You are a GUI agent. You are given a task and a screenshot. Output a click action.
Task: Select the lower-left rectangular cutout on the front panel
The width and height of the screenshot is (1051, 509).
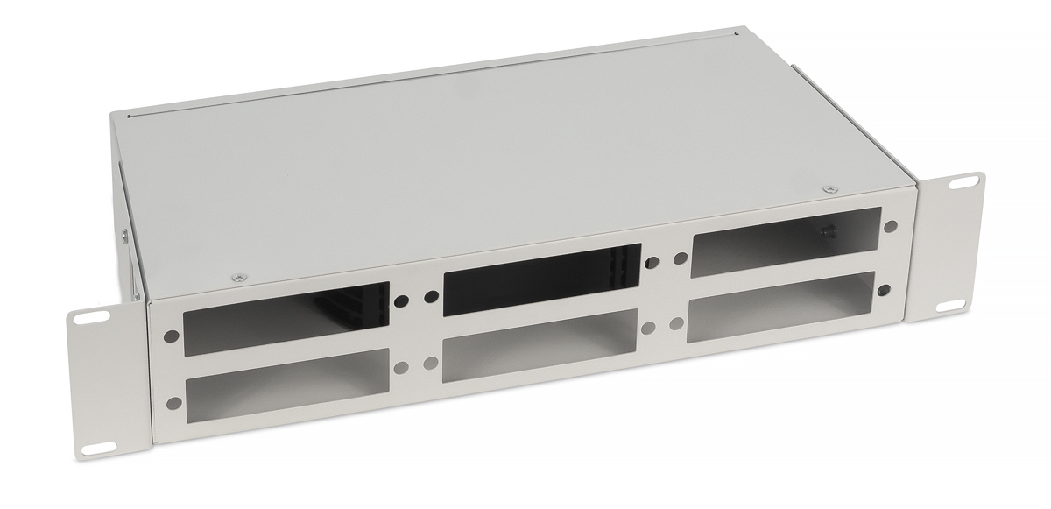287,380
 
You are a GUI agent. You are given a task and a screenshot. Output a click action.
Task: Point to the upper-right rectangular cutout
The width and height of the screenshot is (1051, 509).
786,241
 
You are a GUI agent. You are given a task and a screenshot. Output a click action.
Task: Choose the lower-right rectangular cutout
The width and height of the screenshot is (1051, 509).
784,306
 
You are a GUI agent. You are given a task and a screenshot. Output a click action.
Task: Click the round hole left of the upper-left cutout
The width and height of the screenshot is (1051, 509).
170,336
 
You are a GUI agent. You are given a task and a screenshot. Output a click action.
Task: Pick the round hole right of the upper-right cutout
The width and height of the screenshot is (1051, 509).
891,226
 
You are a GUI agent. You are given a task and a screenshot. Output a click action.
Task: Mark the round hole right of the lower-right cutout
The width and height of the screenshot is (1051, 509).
885,289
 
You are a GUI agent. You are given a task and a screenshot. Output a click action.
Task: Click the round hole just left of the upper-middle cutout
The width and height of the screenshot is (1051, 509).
429,296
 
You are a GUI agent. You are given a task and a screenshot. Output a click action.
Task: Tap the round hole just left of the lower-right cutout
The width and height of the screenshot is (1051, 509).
676,324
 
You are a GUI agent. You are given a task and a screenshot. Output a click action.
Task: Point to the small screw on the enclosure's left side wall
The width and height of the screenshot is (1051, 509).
125,234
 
